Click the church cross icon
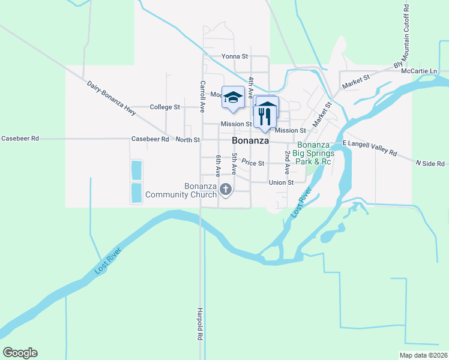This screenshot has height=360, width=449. [226, 190]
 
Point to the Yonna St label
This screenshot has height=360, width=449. [235, 56]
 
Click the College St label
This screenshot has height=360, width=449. [165, 107]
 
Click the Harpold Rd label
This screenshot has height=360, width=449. [200, 324]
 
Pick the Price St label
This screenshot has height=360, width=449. [253, 163]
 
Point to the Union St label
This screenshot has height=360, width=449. [281, 182]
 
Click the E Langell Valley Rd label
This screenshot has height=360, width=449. [370, 148]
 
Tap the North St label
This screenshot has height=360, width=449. [187, 140]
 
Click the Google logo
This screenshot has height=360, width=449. [20, 353]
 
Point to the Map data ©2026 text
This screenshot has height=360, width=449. [423, 355]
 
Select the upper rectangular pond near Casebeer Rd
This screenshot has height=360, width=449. [136, 170]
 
